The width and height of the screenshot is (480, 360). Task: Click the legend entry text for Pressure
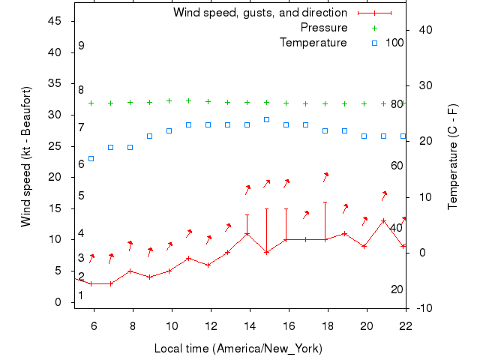click(324, 28)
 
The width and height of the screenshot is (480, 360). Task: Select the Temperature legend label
click(313, 42)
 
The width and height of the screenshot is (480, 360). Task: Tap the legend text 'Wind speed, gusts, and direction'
click(260, 13)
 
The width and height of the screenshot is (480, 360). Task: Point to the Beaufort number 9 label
click(81, 46)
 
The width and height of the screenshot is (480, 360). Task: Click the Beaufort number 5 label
click(81, 196)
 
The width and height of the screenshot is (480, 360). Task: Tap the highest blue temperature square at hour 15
click(266, 119)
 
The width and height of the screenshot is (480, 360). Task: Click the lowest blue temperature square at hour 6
click(91, 158)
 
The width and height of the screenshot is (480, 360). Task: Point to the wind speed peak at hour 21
click(383, 221)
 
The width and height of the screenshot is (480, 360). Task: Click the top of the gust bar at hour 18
click(325, 202)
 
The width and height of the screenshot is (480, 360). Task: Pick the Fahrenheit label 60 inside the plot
click(397, 165)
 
